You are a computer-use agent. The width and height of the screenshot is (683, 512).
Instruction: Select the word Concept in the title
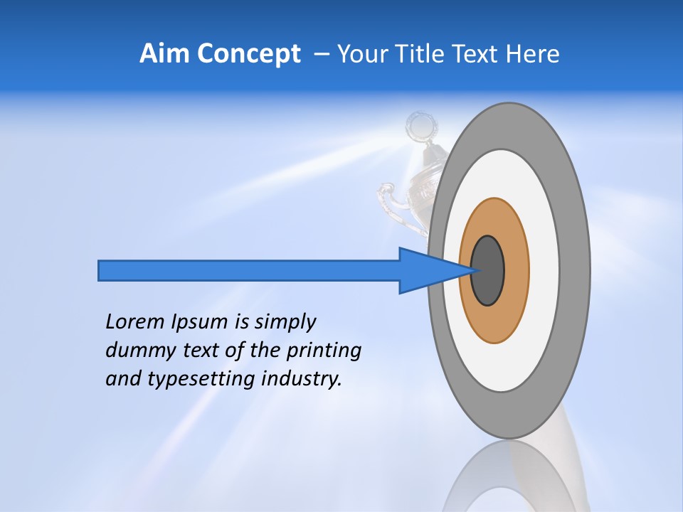point(248,54)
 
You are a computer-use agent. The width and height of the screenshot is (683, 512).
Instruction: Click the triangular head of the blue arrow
point(427,270)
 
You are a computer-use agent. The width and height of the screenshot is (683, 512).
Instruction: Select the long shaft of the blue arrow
point(249,270)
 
